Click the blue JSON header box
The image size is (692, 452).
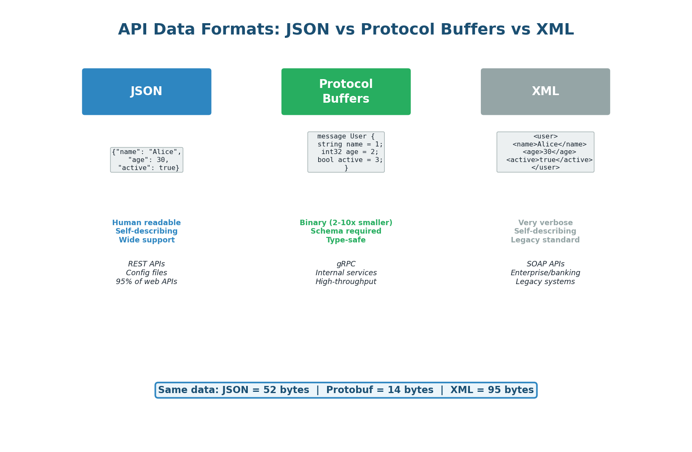click(147, 92)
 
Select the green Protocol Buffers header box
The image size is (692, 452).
click(346, 92)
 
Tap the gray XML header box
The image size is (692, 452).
click(545, 92)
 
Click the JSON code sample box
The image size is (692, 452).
click(147, 160)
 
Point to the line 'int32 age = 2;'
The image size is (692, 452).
click(350, 152)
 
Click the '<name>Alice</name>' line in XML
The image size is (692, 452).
click(550, 144)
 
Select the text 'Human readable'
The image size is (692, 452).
click(147, 223)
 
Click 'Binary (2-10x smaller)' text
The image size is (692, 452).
click(346, 223)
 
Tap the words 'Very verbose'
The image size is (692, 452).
click(545, 223)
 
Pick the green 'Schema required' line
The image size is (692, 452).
click(346, 231)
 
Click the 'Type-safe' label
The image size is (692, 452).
click(346, 240)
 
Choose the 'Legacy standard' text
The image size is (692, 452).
click(545, 240)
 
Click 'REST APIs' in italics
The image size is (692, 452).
click(147, 264)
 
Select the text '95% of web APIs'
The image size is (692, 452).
click(147, 282)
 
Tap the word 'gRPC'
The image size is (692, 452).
click(346, 264)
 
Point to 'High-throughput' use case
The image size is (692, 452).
click(346, 282)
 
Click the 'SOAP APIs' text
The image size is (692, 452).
click(545, 264)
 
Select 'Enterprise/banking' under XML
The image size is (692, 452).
click(545, 273)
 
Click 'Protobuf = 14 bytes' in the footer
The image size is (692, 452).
click(379, 390)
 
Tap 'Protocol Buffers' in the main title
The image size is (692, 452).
click(433, 30)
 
